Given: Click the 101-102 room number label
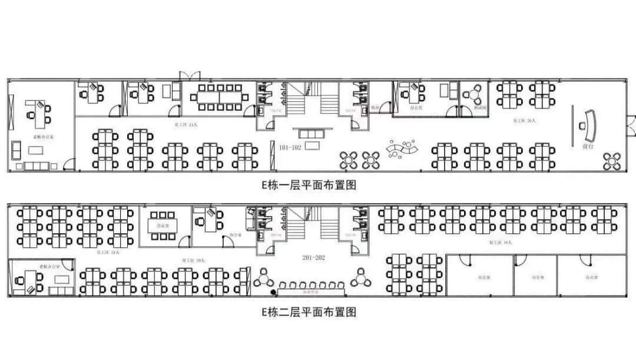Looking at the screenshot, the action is coord(290,148).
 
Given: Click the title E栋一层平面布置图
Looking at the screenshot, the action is coord(309,185).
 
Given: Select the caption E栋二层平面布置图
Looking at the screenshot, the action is coord(309,312).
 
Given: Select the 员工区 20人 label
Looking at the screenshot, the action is coord(190,260).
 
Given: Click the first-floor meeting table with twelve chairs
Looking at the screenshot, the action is coord(219,95).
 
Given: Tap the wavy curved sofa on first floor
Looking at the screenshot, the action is coord(402,148).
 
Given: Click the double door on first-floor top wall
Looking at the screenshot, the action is coord(190,77).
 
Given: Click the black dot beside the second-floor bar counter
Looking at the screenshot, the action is coord(273,293).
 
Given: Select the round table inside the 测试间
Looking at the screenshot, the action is coord(473,94).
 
